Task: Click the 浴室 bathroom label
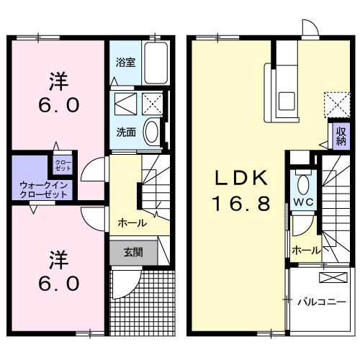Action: pos(125,63)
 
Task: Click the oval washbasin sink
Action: pos(153,132)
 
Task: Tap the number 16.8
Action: pos(241,204)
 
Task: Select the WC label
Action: pos(301,202)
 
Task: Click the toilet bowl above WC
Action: pos(302,179)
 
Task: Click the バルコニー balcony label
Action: pos(321,302)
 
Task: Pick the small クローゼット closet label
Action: pos(63,163)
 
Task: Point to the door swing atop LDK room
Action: pos(309,28)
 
